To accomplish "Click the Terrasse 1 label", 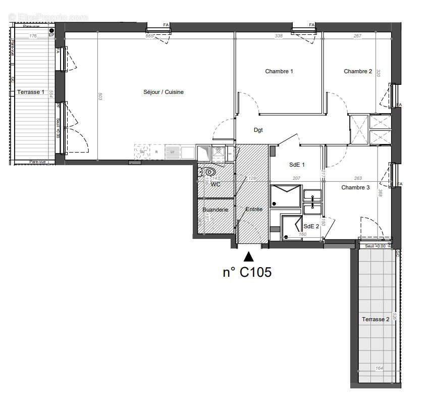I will tap(31, 92).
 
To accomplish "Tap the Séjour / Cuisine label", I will tap(164, 92).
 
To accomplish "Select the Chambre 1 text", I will tap(279, 71).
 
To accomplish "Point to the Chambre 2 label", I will tap(358, 71).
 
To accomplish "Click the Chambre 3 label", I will tap(355, 187).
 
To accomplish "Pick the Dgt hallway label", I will tap(258, 130).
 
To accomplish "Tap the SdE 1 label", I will tap(297, 165).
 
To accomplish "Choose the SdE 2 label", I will tap(311, 226).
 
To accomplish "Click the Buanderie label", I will tap(215, 210).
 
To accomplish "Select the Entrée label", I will tap(254, 209).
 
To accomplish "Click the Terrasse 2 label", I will tap(375, 319).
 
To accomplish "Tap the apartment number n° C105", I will tap(247, 272).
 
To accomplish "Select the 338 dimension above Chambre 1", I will tap(278, 36).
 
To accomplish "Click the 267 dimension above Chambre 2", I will tap(357, 36).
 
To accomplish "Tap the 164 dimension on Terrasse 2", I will tap(379, 368).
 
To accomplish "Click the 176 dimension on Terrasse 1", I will tap(33, 36).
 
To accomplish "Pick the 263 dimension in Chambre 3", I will tap(358, 178).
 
